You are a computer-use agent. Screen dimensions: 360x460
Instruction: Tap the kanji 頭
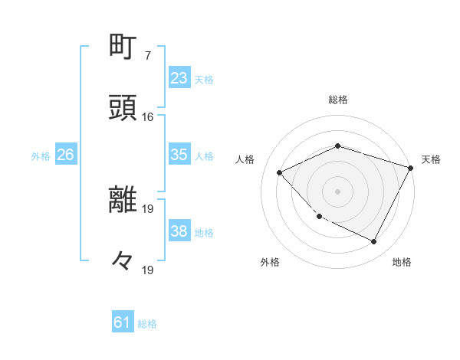tap(124, 107)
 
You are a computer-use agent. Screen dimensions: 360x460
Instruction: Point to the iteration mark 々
tap(123, 261)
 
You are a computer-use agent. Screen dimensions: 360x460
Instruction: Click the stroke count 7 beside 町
tap(147, 56)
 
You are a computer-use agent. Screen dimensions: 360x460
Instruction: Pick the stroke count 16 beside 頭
tap(147, 117)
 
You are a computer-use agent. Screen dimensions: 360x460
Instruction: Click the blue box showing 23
tap(179, 78)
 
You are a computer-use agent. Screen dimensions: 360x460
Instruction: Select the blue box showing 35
tap(179, 155)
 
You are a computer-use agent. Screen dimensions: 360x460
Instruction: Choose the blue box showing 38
tap(179, 231)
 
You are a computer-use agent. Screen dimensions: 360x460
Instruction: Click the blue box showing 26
tap(65, 155)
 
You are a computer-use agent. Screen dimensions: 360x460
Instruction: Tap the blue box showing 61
tap(123, 322)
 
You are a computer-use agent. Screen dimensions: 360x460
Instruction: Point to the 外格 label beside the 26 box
tap(41, 156)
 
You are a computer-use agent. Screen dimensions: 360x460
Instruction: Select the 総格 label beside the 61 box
tap(147, 324)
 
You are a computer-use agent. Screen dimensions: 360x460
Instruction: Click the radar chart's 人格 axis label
tap(245, 159)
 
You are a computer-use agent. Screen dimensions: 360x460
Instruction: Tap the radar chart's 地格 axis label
tap(402, 262)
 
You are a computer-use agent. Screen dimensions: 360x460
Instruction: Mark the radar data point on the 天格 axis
tap(412, 167)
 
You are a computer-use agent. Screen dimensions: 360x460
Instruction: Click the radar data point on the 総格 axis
tap(337, 146)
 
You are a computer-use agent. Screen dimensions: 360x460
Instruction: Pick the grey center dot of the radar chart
tap(337, 191)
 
